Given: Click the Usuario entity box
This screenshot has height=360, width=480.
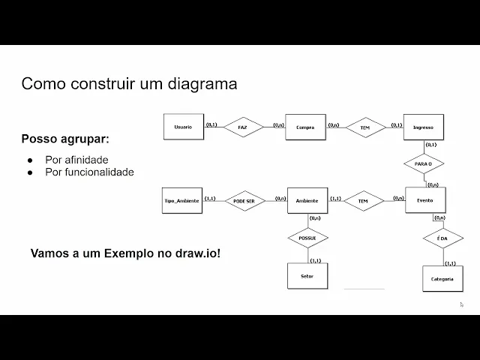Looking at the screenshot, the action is coord(183,127).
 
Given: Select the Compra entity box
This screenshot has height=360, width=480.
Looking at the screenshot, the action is coord(304,127).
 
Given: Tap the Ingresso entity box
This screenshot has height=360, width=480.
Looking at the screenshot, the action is coord(424,127).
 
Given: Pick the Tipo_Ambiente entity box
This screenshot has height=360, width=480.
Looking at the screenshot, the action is coord(182,201).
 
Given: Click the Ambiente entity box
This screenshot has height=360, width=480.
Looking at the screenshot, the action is coord(307,201).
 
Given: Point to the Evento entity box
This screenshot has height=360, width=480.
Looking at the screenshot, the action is coord(425,200).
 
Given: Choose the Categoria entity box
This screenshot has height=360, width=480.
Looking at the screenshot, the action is coord(442,278).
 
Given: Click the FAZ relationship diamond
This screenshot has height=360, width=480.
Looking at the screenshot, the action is coord(242,127).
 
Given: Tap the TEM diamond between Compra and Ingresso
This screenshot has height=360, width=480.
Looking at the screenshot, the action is coord(364,127).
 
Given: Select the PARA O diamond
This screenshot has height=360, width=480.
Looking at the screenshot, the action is coord(423,163).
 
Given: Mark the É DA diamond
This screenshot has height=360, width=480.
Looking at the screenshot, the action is coord(442,239).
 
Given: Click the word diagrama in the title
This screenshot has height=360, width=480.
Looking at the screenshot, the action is coord(204,84).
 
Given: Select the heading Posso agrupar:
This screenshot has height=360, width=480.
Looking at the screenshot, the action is coord(64,139).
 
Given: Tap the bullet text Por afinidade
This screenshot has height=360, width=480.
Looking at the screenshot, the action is coord(76,160).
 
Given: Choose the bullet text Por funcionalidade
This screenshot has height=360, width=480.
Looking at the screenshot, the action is coord(89,172).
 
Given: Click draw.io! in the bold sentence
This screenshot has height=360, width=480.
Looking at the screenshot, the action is coord(196,253).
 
